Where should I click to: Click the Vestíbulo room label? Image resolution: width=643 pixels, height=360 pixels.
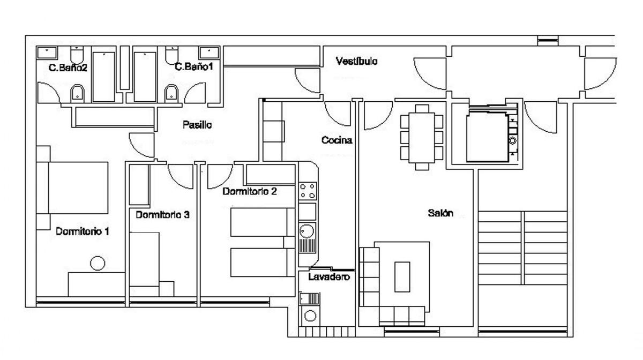click(x=356, y=61)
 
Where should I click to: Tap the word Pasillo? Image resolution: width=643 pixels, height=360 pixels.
click(x=197, y=125)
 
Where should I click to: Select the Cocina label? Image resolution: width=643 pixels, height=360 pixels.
click(x=337, y=140)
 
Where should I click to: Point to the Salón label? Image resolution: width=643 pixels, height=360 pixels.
click(x=440, y=213)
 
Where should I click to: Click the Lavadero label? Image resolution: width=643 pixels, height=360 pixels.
click(x=329, y=277)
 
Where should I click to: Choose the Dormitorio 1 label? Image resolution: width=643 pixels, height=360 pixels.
click(x=83, y=231)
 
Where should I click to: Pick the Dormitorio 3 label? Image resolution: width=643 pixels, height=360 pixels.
click(x=162, y=215)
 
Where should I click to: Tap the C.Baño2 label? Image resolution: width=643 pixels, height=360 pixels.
click(x=68, y=67)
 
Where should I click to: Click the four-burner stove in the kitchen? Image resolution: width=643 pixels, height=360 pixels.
click(x=307, y=191)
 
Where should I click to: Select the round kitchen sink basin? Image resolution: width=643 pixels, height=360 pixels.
click(x=306, y=231)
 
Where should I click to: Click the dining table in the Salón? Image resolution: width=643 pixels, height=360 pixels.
click(x=421, y=138)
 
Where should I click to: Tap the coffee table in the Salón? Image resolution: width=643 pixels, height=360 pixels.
click(x=402, y=277)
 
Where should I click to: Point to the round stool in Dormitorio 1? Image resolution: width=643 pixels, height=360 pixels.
click(x=98, y=263)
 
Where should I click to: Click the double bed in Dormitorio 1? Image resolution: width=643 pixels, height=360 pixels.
click(x=72, y=187)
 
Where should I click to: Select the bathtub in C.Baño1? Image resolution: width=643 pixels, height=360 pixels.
click(x=145, y=77)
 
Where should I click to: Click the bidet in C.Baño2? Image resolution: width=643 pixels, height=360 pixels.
click(x=77, y=93)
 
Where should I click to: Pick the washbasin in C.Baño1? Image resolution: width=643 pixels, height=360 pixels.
click(x=209, y=53)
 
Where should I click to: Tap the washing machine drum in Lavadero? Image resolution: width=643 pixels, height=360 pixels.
click(x=310, y=316)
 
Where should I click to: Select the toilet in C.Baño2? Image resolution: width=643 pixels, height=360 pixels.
click(x=77, y=55)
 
